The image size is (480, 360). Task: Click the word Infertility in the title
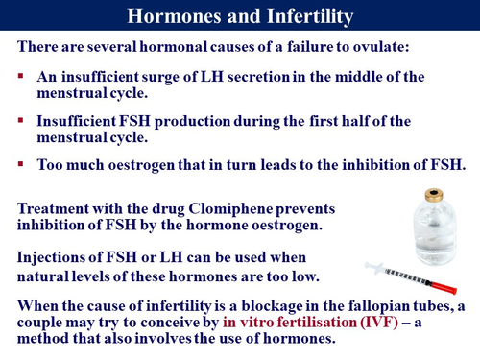tap(304, 16)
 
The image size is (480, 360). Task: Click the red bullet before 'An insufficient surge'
tap(20, 75)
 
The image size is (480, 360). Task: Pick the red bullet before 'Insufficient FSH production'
tap(20, 120)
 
